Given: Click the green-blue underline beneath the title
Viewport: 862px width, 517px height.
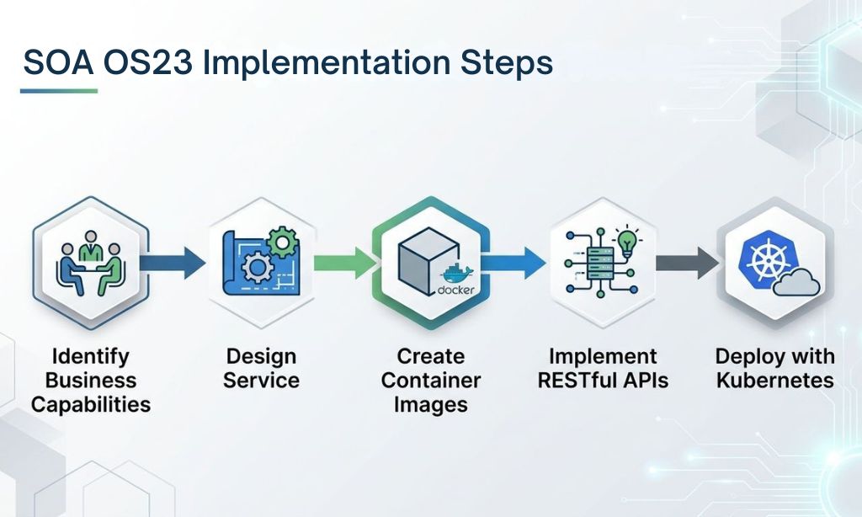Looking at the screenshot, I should tap(59, 91).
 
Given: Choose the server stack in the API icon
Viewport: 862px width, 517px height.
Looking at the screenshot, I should tap(597, 264).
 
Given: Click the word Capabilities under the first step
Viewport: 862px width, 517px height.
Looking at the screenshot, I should tap(91, 404).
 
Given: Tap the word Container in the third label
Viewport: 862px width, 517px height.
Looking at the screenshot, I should tap(431, 380).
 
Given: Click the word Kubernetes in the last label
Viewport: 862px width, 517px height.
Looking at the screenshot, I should tap(774, 380).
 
